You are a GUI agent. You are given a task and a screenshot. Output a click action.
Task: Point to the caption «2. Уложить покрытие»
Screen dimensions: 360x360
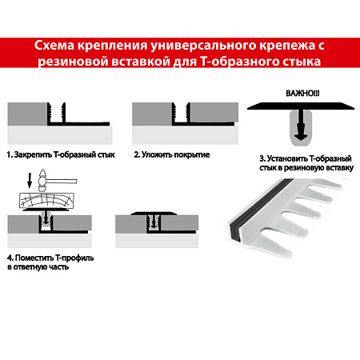171,153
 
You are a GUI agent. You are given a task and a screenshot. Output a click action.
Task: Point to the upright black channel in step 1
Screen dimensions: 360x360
58,114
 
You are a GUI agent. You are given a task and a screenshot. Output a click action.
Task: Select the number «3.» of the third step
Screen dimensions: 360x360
262,158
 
